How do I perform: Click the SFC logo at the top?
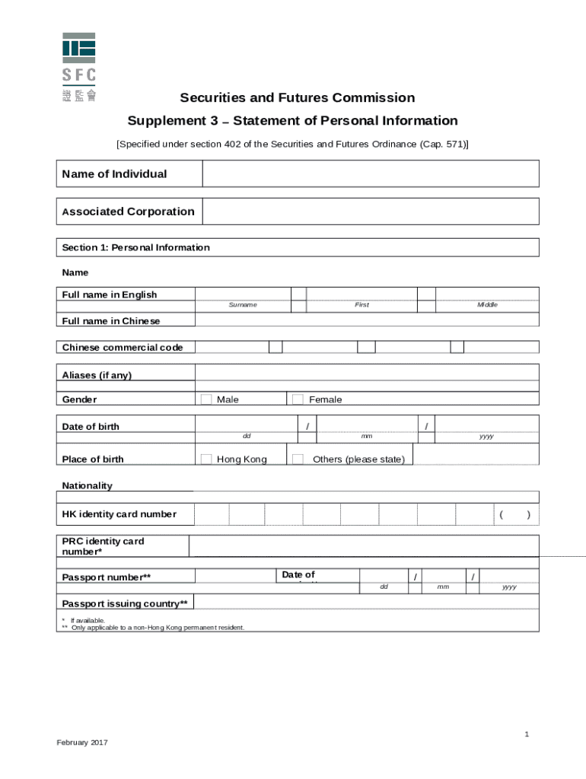pos(78,68)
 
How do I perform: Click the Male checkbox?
pos(206,399)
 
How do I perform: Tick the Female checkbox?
pos(298,399)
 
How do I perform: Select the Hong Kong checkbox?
pos(206,459)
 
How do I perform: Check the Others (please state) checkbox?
pos(298,459)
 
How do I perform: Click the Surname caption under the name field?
pos(243,305)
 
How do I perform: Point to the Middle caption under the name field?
pos(487,305)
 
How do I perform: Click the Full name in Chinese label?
pos(111,321)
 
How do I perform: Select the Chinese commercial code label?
pos(122,348)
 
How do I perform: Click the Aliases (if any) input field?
pos(367,372)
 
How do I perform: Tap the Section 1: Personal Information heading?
pos(135,247)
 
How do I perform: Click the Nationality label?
pos(87,485)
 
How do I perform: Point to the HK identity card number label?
pos(119,514)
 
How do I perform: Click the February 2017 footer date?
pos(82,742)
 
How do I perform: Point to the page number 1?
pos(526,733)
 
